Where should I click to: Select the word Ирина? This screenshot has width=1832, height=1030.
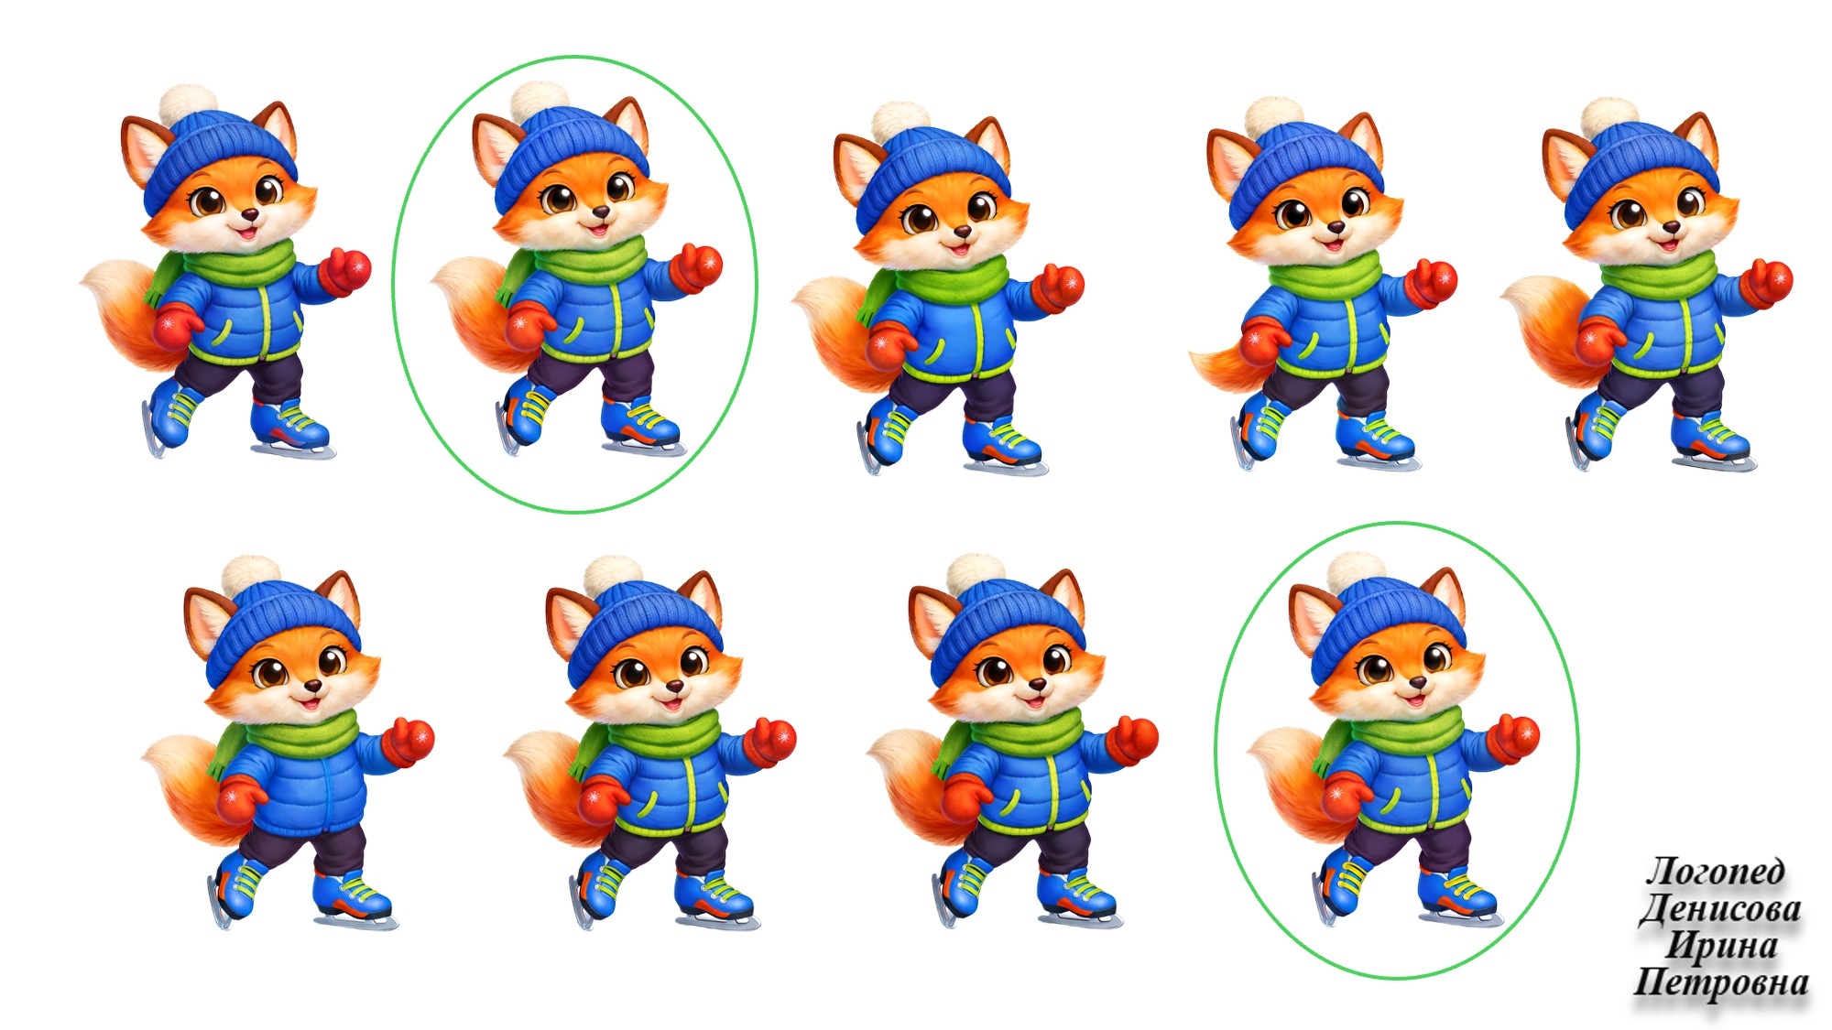coord(1720,946)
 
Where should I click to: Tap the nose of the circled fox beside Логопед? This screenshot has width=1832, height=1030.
coord(1416,682)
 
